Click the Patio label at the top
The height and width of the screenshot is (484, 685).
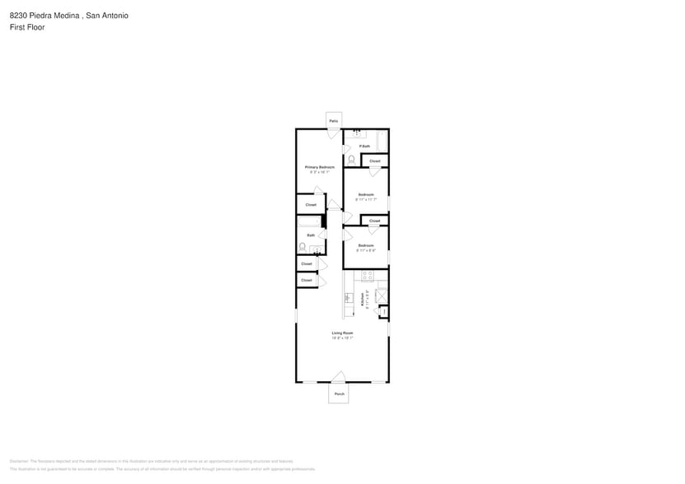click(x=334, y=121)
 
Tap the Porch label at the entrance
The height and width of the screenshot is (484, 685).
click(x=338, y=393)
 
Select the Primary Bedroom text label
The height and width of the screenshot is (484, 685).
click(x=320, y=167)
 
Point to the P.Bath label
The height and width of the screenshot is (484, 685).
click(x=364, y=147)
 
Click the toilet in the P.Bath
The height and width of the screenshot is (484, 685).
click(x=352, y=160)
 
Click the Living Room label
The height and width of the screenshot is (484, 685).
click(x=342, y=333)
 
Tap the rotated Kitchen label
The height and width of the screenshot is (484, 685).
click(x=363, y=301)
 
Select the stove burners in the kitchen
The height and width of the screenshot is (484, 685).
click(x=368, y=297)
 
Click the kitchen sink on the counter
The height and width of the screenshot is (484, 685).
click(x=347, y=297)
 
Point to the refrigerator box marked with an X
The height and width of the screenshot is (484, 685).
click(x=381, y=295)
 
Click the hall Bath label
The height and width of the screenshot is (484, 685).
click(x=311, y=235)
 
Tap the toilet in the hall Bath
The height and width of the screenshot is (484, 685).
click(x=302, y=246)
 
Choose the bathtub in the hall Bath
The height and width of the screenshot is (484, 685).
click(x=308, y=221)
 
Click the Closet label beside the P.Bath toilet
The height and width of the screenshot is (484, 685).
click(x=374, y=161)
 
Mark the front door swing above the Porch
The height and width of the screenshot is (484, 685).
click(x=338, y=377)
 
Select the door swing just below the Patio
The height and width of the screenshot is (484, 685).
click(x=333, y=133)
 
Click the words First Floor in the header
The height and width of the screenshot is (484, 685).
click(x=28, y=27)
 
